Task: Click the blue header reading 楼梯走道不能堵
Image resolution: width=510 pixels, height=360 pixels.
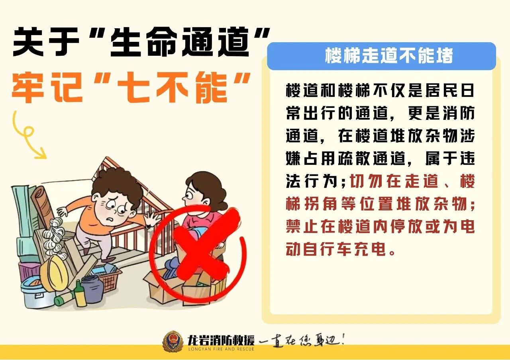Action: tap(381, 56)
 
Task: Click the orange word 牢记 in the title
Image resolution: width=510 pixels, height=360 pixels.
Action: tap(47, 88)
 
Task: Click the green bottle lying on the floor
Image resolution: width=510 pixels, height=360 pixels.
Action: tap(66, 298)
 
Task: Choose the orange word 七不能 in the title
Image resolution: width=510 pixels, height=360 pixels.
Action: tap(173, 88)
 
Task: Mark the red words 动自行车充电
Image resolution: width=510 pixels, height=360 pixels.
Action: tap(336, 249)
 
